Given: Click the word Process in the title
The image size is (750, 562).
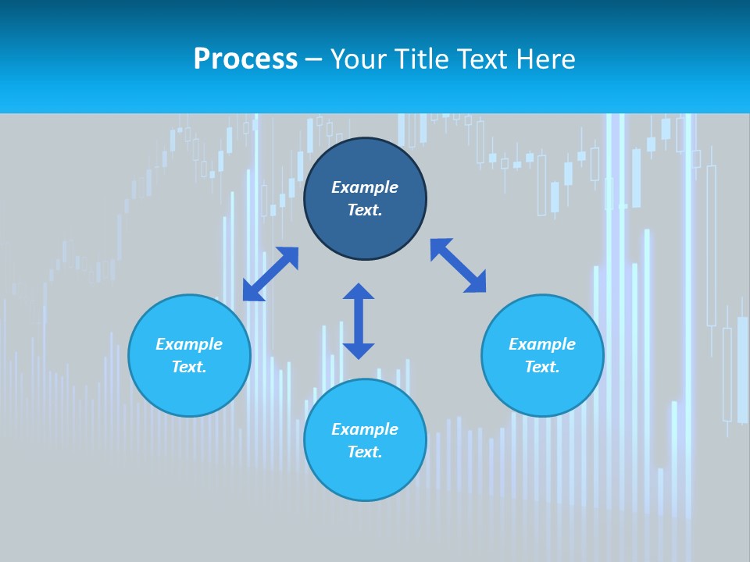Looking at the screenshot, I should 245,59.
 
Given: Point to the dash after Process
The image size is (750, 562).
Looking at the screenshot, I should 313,60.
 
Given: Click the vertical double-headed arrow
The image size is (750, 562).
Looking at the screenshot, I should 359,322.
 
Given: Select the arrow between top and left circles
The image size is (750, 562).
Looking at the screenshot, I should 271,273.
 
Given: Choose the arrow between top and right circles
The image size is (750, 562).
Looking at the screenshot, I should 459,265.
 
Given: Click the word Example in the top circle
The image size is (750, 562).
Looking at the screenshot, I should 365,187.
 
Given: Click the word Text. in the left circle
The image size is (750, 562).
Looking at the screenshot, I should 189,367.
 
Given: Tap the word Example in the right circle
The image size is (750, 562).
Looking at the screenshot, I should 542,344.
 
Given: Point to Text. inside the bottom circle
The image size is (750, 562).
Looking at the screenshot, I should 365,452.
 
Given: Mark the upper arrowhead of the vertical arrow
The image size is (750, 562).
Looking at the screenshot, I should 359,291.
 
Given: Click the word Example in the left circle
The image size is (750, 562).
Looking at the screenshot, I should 189,344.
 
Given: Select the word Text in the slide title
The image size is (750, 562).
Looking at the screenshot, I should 484,59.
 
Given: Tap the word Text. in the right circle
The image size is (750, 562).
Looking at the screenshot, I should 542,367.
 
